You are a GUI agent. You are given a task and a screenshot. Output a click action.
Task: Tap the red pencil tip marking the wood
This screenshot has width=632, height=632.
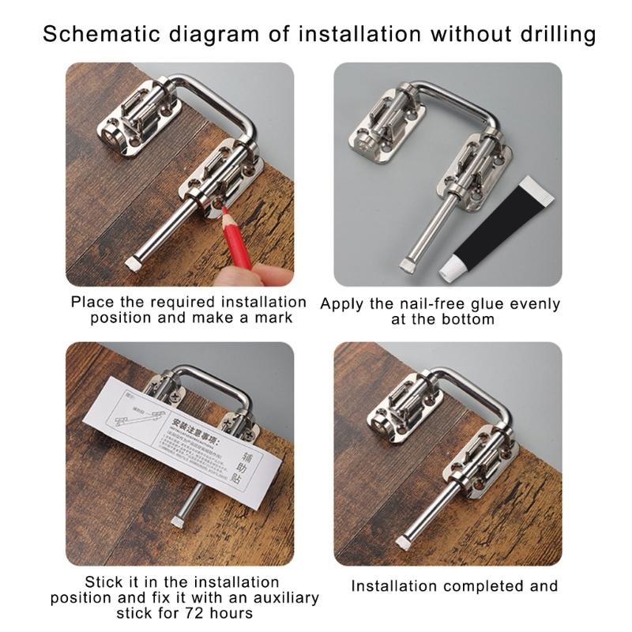[x=225, y=212]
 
